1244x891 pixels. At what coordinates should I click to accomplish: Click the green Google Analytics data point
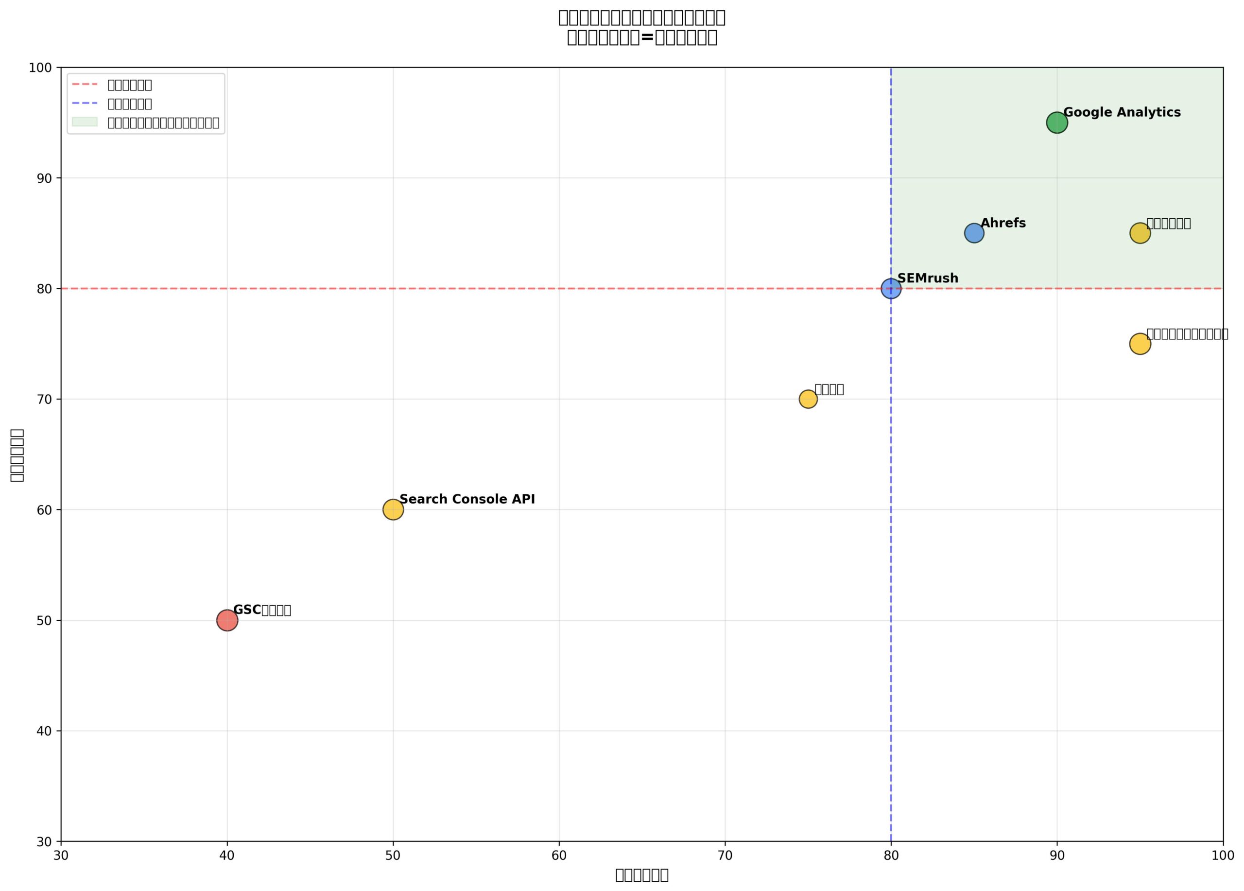(1056, 122)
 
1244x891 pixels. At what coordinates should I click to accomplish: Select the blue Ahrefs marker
(974, 233)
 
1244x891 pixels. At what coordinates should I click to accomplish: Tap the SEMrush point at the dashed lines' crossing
(891, 288)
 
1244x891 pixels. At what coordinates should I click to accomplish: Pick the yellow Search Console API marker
(393, 510)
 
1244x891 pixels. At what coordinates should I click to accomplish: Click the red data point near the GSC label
(227, 621)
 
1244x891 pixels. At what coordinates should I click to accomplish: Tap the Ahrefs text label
(1002, 223)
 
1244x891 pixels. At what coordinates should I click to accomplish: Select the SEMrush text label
(928, 278)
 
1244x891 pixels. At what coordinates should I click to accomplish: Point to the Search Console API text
(467, 499)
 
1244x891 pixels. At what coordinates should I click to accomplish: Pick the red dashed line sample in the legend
(85, 85)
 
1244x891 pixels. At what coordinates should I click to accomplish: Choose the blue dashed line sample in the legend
(85, 103)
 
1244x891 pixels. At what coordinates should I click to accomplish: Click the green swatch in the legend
(85, 122)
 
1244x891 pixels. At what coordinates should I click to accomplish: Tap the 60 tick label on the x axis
(559, 856)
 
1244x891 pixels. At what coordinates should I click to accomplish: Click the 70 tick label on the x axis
(725, 856)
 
